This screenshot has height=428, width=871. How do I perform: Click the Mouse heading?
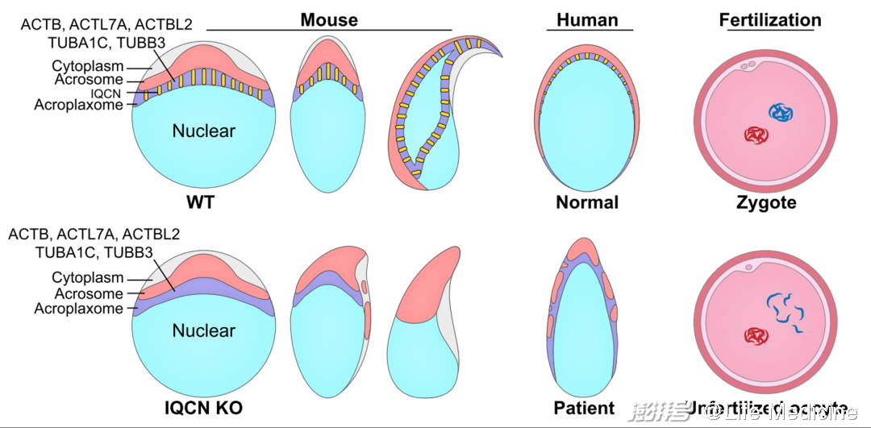click(x=329, y=19)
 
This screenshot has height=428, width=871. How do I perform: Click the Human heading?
click(x=589, y=19)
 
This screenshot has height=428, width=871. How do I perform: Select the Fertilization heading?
click(x=770, y=19)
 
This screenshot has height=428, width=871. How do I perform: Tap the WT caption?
click(x=199, y=202)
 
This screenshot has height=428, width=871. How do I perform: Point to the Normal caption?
click(x=587, y=202)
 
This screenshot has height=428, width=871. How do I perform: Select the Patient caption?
click(x=585, y=408)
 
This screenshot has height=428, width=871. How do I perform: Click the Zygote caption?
click(x=765, y=202)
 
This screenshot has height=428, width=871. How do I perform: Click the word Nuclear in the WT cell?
click(x=203, y=131)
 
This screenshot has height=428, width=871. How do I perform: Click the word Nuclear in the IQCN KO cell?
click(x=203, y=330)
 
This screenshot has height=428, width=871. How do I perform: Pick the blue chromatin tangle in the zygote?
click(x=780, y=114)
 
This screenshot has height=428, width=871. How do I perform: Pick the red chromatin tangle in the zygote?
click(x=756, y=135)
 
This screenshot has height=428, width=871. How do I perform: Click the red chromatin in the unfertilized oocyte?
click(x=756, y=335)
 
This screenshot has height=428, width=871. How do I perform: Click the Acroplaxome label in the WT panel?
click(x=79, y=105)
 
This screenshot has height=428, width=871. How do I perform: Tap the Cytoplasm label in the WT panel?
click(x=87, y=66)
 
